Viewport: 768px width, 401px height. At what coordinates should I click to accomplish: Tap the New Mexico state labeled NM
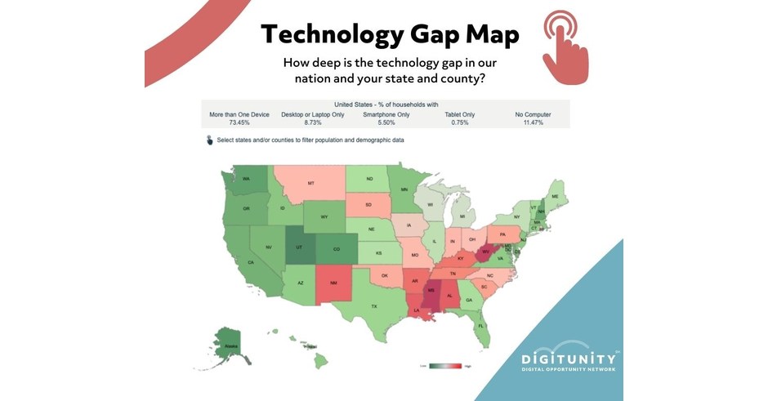click(x=333, y=283)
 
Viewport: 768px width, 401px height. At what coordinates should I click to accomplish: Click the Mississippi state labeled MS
click(x=430, y=292)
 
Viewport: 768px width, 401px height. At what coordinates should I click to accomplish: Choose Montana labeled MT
click(x=310, y=183)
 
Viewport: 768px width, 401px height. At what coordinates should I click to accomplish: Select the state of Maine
click(x=556, y=197)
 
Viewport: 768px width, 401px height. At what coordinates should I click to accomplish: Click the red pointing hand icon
click(x=563, y=49)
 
